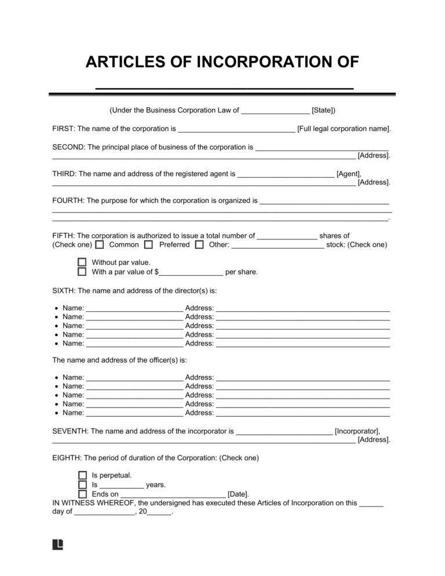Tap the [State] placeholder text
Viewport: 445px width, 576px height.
click(x=323, y=110)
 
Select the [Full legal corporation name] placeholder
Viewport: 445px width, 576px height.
click(x=344, y=129)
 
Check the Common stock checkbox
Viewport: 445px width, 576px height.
click(x=100, y=245)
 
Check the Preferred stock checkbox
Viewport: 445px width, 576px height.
click(x=148, y=245)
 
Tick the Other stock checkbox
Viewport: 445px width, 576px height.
click(x=199, y=245)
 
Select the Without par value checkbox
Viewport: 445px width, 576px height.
click(x=82, y=263)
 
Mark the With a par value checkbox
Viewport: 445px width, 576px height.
click(x=82, y=272)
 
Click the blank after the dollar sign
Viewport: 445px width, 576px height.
click(x=191, y=272)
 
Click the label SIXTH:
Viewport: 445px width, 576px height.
click(x=64, y=290)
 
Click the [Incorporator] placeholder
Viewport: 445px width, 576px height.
click(x=358, y=431)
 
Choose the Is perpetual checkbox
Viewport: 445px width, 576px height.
click(x=82, y=476)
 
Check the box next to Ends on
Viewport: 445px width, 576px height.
click(x=82, y=494)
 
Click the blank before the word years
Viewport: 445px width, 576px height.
click(x=122, y=485)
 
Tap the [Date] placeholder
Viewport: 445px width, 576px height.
click(x=238, y=494)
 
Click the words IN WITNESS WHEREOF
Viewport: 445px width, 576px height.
click(x=93, y=503)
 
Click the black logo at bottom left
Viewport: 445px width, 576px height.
click(x=57, y=544)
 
